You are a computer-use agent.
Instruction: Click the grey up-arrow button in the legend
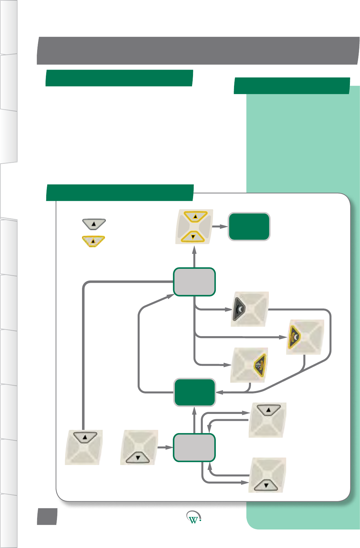(x=94, y=224)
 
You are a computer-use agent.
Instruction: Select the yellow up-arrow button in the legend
(x=93, y=241)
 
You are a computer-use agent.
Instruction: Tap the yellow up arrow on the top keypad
(x=195, y=216)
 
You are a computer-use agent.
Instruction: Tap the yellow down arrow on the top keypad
(x=193, y=237)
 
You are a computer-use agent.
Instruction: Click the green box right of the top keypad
(x=249, y=227)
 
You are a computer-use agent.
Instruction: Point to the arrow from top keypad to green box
(x=220, y=226)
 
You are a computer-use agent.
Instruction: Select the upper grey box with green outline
(x=194, y=282)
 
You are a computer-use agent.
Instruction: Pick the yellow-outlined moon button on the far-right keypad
(x=294, y=337)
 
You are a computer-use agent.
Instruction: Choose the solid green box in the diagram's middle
(x=195, y=392)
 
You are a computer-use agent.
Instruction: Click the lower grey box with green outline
(x=194, y=447)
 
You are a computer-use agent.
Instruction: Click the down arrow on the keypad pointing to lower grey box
(x=138, y=458)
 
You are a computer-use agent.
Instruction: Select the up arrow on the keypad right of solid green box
(x=269, y=410)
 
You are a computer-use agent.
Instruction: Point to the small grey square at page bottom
(x=47, y=516)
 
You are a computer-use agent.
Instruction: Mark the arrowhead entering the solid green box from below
(x=194, y=410)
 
